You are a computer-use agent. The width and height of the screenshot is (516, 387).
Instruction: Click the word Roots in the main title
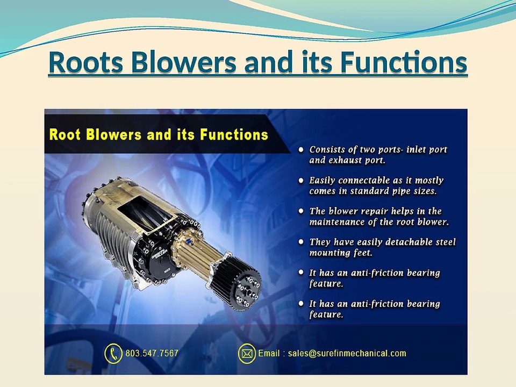pyautogui.click(x=86, y=62)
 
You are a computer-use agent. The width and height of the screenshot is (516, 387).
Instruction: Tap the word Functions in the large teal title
pyautogui.click(x=404, y=62)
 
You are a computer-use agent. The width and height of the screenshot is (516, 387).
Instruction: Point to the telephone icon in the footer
pyautogui.click(x=113, y=354)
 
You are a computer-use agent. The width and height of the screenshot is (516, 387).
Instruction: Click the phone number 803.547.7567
pyautogui.click(x=152, y=354)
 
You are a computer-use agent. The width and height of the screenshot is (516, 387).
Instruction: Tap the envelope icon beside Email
pyautogui.click(x=247, y=354)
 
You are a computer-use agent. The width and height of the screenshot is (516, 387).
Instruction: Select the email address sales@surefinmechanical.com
pyautogui.click(x=347, y=354)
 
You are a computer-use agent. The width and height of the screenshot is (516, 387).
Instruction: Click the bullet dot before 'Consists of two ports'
pyautogui.click(x=301, y=150)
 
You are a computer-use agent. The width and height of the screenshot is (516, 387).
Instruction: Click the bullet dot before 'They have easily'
pyautogui.click(x=301, y=242)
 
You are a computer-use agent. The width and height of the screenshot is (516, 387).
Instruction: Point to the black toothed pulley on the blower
pyautogui.click(x=236, y=281)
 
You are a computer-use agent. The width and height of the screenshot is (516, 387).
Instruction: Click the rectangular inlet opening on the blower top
pyautogui.click(x=145, y=213)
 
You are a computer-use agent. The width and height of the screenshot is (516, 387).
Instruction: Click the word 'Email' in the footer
pyautogui.click(x=269, y=354)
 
